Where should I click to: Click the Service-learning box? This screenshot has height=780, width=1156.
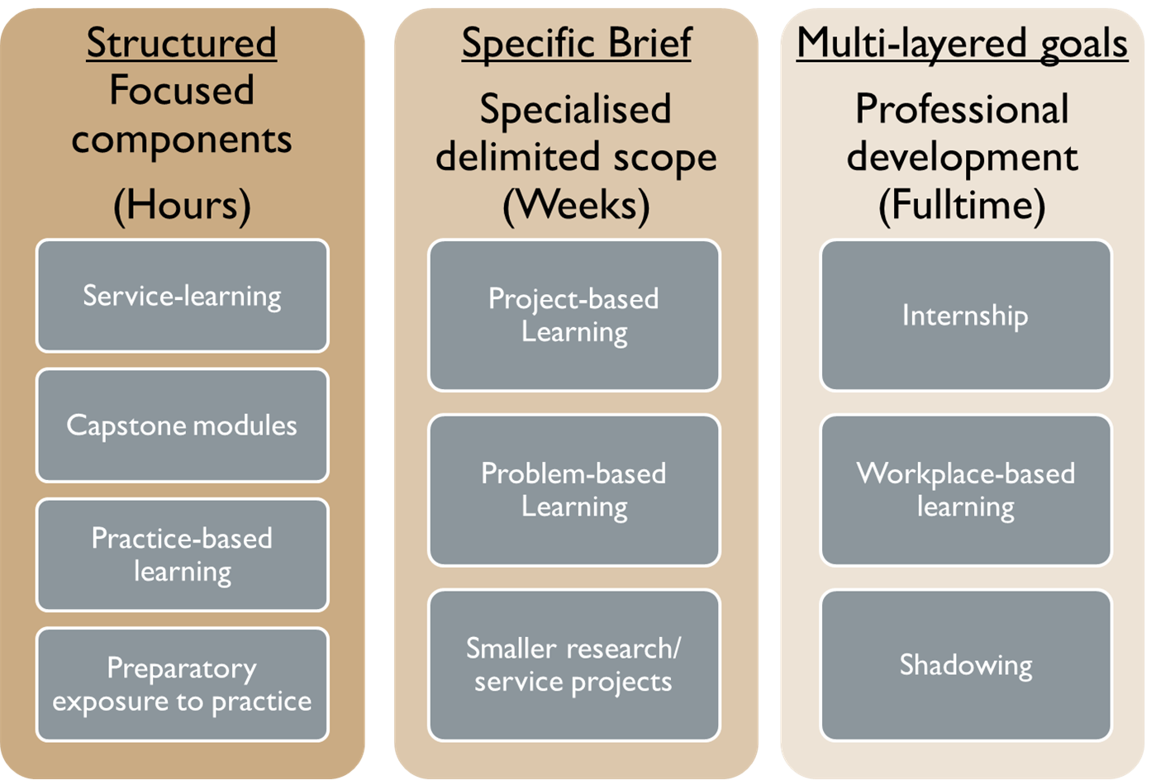click(x=182, y=296)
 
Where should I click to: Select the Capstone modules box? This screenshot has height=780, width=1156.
click(x=182, y=426)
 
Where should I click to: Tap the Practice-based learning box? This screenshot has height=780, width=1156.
click(x=182, y=555)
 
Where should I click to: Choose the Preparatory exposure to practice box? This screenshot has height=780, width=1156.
click(x=182, y=684)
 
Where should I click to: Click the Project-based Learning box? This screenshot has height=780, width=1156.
click(x=574, y=315)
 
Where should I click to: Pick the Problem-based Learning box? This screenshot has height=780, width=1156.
click(x=574, y=491)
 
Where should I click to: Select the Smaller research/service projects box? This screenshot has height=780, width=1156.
click(x=574, y=665)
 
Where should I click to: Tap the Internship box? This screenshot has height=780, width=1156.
click(x=966, y=315)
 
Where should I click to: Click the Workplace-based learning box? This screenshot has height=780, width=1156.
click(x=966, y=491)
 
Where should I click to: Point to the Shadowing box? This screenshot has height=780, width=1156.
click(x=966, y=665)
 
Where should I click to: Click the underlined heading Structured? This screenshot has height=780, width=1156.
click(x=182, y=43)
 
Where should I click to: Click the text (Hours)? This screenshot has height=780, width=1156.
click(x=182, y=206)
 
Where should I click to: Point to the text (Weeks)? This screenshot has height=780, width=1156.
click(x=576, y=206)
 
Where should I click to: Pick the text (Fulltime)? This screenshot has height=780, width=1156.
click(x=962, y=206)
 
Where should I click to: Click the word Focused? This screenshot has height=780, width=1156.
click(x=182, y=90)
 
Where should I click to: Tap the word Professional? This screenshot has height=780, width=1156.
click(x=962, y=109)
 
